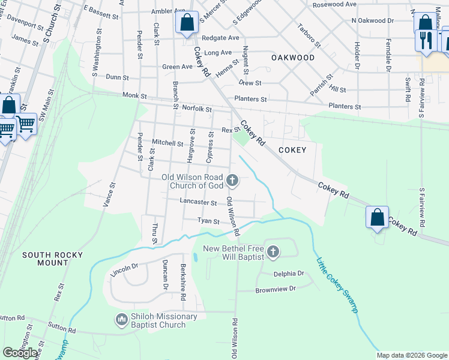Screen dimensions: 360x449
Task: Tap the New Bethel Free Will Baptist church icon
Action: point(273,251)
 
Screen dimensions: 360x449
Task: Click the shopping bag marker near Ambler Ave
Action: point(187,23)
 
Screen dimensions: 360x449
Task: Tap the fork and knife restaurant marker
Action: point(426,41)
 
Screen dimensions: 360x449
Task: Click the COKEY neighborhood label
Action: point(292,150)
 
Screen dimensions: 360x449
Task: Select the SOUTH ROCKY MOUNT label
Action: point(53,259)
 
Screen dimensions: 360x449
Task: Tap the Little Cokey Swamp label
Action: point(338,284)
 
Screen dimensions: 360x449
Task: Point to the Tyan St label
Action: point(208,221)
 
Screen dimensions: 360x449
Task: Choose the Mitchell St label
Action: point(167,143)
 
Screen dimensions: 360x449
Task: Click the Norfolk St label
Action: point(197,109)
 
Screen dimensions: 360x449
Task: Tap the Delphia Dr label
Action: point(289,274)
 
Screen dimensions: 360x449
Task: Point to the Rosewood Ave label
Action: point(335,4)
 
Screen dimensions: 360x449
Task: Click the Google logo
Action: point(20,353)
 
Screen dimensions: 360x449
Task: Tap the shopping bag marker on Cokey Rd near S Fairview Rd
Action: point(377,217)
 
